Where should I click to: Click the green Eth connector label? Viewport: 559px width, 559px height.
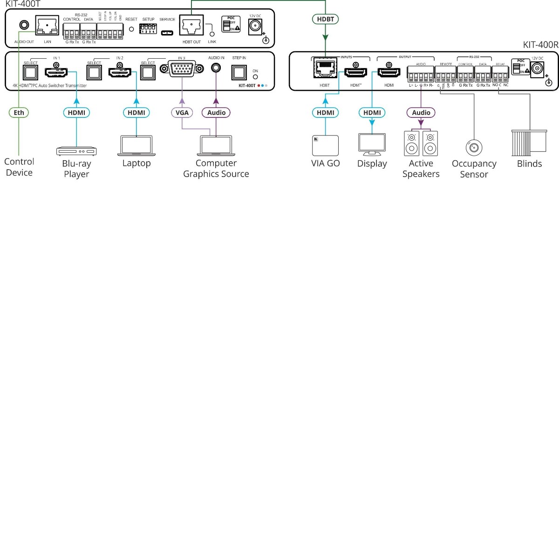[19, 112]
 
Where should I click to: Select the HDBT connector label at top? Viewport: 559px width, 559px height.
[325, 19]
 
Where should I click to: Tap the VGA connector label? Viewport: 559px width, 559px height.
[182, 112]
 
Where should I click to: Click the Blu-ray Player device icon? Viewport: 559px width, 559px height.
[76, 151]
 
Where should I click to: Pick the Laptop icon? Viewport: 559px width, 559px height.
[136, 145]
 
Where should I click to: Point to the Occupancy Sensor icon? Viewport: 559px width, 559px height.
[474, 148]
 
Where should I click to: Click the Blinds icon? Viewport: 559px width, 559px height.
[529, 143]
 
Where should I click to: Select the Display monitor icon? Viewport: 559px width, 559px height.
[372, 144]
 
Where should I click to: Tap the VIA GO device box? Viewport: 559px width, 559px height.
[325, 145]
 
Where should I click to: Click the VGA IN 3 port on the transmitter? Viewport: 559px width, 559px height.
[182, 69]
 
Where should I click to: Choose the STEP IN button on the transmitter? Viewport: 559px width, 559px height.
[239, 72]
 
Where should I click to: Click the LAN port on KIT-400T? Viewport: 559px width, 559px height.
[47, 26]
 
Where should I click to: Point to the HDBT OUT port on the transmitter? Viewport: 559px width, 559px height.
[191, 26]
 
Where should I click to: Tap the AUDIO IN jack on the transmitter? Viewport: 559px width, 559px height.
[216, 68]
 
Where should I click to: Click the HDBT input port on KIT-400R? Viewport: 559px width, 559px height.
[325, 68]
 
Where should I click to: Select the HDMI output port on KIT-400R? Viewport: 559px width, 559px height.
[389, 73]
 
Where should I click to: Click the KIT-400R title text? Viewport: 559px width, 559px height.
[540, 45]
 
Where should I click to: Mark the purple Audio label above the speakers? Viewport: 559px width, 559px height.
[421, 112]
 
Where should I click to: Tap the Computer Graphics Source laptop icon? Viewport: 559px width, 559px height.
[216, 145]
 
